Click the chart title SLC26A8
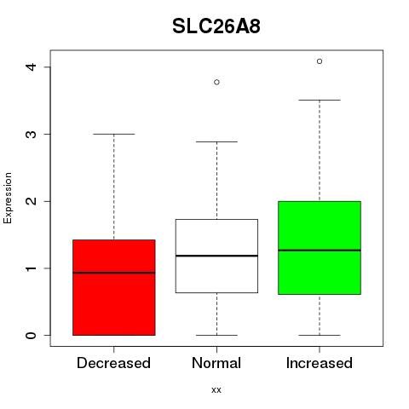(x=216, y=26)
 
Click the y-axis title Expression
(x=8, y=198)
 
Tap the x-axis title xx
(x=216, y=389)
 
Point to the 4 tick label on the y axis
(x=31, y=67)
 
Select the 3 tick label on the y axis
(x=31, y=134)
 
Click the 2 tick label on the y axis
(x=31, y=201)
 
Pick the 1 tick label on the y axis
(x=31, y=268)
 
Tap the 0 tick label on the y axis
(x=31, y=335)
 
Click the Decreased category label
(x=113, y=363)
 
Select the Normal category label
(x=216, y=363)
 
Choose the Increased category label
(x=320, y=363)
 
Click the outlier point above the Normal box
(x=216, y=82)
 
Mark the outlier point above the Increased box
(x=320, y=61)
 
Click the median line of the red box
(x=114, y=273)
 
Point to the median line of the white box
(x=216, y=256)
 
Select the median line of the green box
(x=320, y=251)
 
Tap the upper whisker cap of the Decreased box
(x=114, y=134)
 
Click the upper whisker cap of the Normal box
(x=216, y=141)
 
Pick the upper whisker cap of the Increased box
(x=320, y=100)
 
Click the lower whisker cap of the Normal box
(x=216, y=335)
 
